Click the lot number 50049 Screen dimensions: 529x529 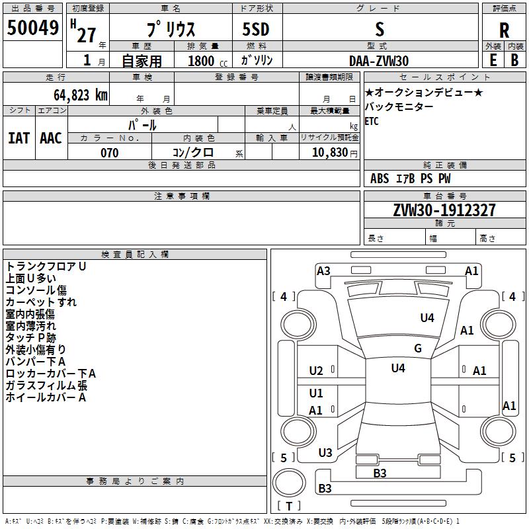tap(33, 28)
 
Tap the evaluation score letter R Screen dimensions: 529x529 tap(504, 30)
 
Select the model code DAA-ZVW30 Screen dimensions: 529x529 tap(379, 61)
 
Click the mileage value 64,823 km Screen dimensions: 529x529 tap(75, 95)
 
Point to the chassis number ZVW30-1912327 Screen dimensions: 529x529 tap(444, 210)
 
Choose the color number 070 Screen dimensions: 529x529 tap(110, 153)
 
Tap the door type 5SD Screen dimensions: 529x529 tap(256, 30)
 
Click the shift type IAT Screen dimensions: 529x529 tap(19, 138)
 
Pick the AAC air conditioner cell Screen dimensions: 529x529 tap(51, 138)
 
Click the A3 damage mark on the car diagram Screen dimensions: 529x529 tap(323, 270)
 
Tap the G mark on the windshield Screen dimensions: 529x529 tap(418, 348)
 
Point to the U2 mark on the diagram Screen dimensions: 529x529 tap(316, 371)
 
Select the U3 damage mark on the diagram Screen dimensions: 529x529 tap(325, 453)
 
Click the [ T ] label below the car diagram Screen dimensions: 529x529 tap(289, 507)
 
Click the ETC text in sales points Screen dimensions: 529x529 tap(372, 122)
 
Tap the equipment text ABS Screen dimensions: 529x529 tap(380, 179)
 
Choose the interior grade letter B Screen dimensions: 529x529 tap(514, 60)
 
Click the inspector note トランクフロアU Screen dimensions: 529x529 tap(46, 266)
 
